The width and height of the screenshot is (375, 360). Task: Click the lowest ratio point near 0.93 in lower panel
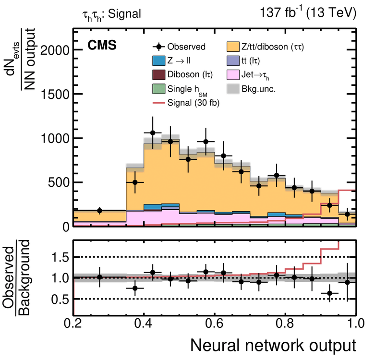click(329, 293)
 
